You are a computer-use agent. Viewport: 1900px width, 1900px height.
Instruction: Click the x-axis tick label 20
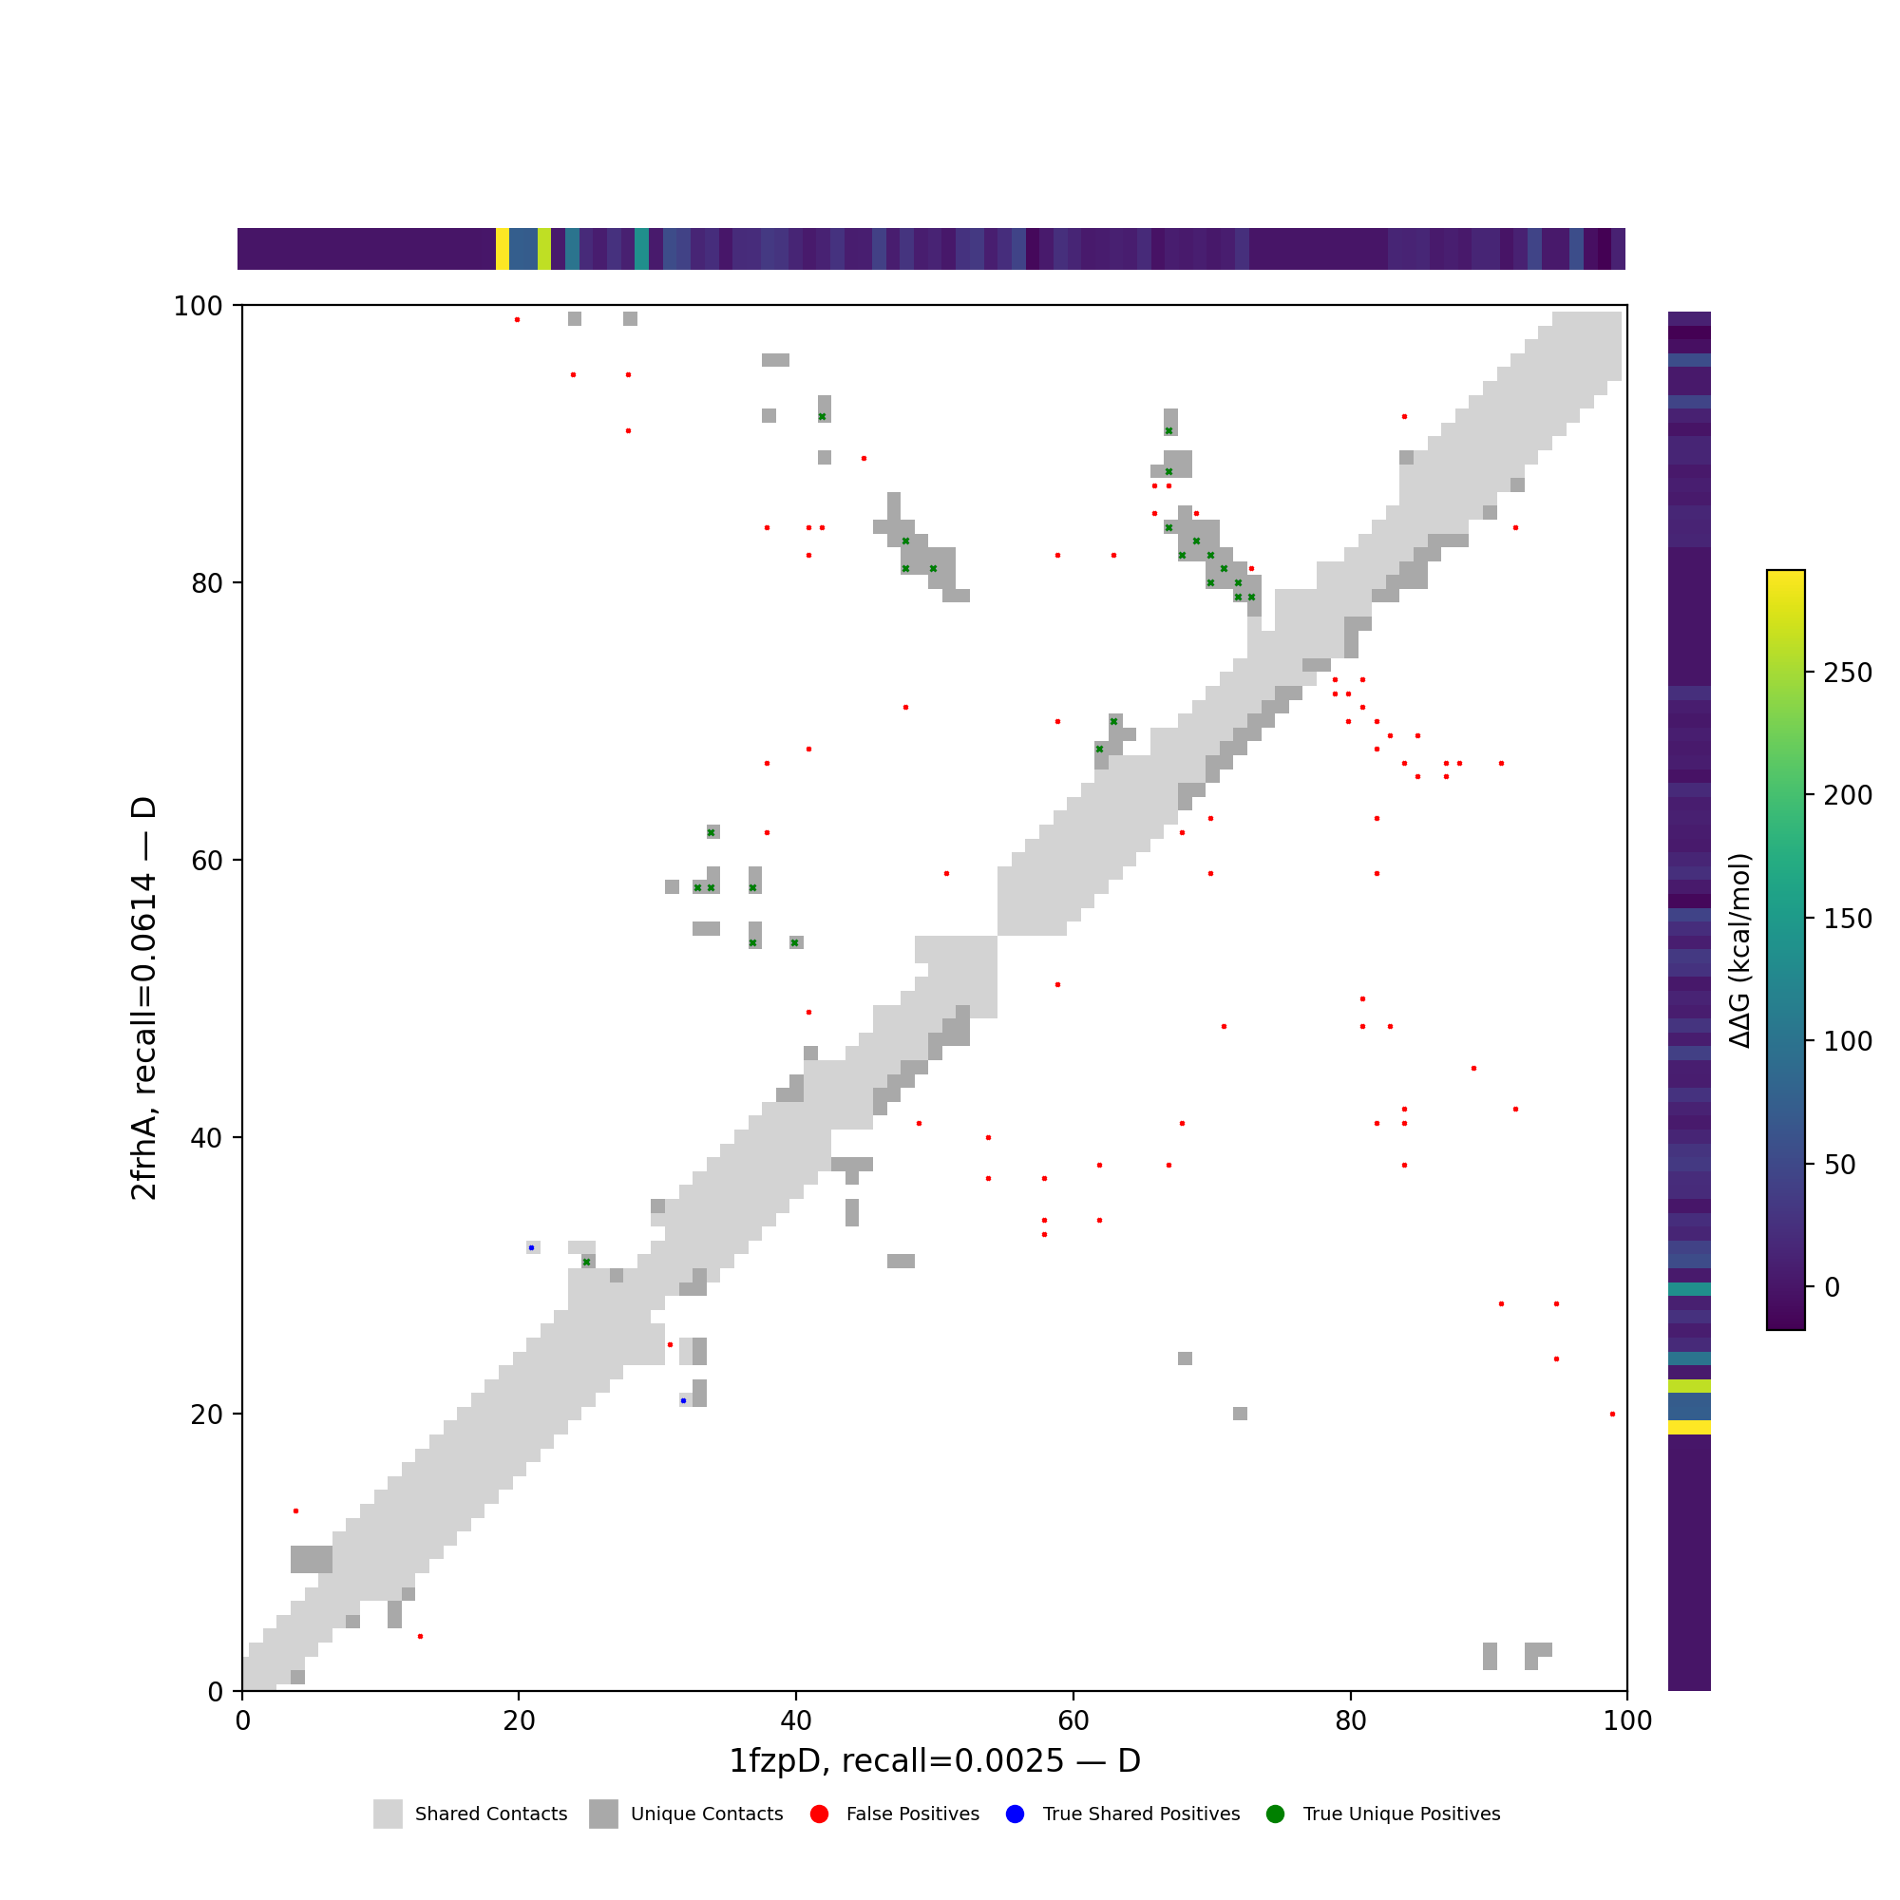[x=519, y=1720]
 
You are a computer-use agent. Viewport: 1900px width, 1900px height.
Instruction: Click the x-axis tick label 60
[x=1073, y=1720]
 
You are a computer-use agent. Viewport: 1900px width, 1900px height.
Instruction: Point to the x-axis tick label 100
[x=1627, y=1720]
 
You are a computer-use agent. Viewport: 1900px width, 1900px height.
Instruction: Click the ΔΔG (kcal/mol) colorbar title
[x=1739, y=951]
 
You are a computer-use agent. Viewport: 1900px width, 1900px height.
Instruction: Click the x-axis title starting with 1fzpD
[x=934, y=1761]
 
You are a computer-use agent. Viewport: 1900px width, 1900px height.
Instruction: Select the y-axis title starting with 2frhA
[x=143, y=998]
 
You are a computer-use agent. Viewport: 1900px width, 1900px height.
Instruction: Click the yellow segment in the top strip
[x=503, y=249]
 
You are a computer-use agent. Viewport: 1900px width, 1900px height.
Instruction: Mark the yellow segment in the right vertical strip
[x=1688, y=1427]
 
